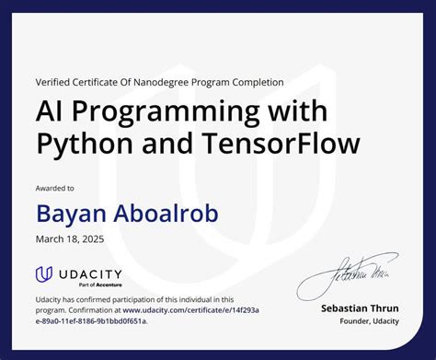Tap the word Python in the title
pyautogui.click(x=75, y=145)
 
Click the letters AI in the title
pyautogui.click(x=50, y=112)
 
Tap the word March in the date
pyautogui.click(x=52, y=239)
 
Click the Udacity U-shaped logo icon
pyautogui.click(x=43, y=273)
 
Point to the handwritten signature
pyautogui.click(x=341, y=273)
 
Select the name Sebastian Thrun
pyautogui.click(x=361, y=308)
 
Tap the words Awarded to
pyautogui.click(x=56, y=188)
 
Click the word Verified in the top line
pyautogui.click(x=52, y=82)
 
